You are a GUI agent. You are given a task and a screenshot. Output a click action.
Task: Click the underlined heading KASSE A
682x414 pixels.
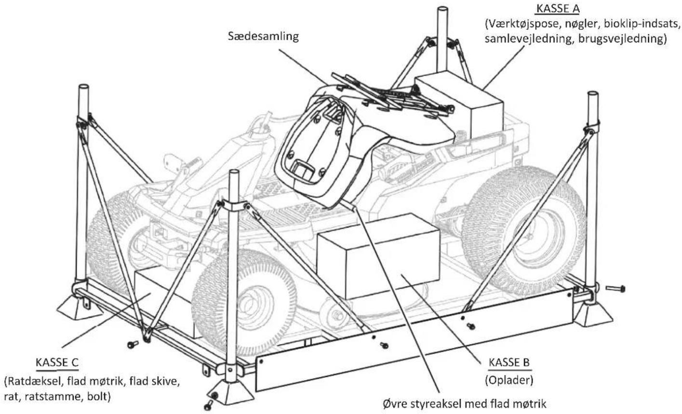[x=558, y=9]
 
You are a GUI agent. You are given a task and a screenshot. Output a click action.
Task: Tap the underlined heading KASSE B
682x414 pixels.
[x=509, y=362]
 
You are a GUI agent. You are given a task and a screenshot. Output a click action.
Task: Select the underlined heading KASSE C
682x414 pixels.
[x=57, y=362]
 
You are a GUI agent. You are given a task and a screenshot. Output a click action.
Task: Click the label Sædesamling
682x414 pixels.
[x=263, y=37]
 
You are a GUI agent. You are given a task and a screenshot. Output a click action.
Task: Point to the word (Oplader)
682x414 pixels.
[x=509, y=380]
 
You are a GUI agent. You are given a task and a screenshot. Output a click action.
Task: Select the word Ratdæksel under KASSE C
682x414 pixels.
[x=35, y=381]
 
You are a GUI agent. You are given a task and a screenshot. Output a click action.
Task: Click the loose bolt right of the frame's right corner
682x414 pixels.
[x=615, y=288]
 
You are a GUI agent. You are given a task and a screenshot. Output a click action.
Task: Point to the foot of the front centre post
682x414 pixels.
[x=230, y=393]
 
